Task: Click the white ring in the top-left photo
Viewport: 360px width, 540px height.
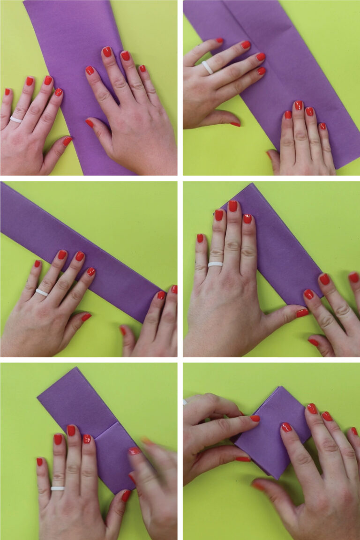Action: tap(16, 120)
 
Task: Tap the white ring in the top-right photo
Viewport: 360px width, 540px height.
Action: tap(207, 67)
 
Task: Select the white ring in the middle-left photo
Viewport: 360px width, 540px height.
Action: tap(42, 292)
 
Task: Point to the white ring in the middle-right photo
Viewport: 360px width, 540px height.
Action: tap(215, 264)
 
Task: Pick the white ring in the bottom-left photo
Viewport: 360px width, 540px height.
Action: tap(57, 488)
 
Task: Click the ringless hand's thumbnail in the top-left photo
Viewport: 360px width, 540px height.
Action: tap(89, 123)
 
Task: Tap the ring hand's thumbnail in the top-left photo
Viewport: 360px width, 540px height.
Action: tap(67, 141)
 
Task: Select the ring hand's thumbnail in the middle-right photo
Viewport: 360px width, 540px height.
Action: tap(302, 313)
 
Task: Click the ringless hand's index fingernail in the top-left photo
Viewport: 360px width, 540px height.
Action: tap(90, 70)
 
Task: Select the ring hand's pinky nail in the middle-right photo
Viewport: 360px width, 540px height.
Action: tap(200, 238)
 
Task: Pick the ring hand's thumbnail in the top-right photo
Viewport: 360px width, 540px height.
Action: tap(235, 124)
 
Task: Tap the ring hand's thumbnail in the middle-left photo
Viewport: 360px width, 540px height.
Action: tap(86, 317)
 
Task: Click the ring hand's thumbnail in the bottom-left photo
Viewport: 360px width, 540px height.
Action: tap(126, 495)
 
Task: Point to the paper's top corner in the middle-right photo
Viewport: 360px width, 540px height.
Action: tap(253, 185)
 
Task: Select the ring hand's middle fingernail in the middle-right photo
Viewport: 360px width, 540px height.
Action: tap(232, 206)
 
